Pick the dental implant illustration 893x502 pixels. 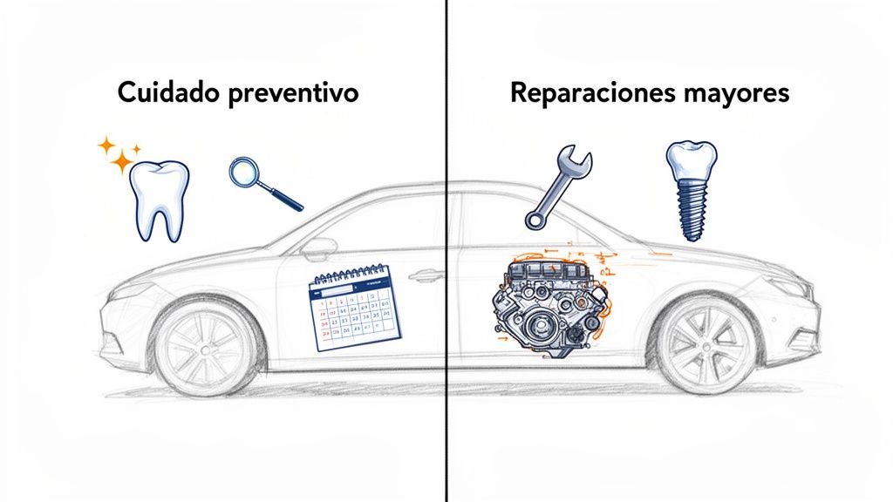coord(692,188)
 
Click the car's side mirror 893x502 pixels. coord(318,248)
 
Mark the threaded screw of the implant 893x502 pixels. coord(692,209)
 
